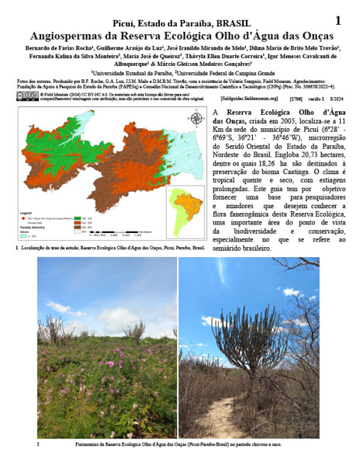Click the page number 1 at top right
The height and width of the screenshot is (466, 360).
pos(337,21)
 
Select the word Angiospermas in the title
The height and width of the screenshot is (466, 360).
pos(67,37)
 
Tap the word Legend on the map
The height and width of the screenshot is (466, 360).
pos(26,212)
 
